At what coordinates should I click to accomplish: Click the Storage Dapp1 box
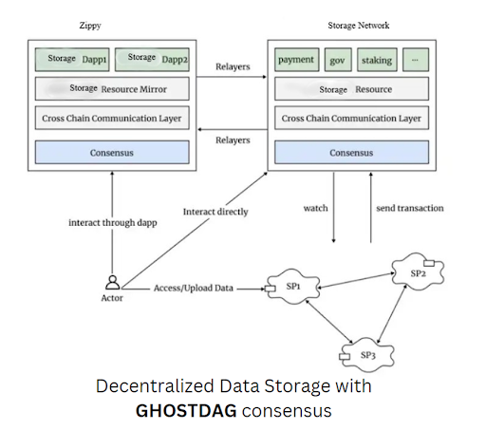(x=72, y=60)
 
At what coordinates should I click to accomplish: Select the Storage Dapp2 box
(x=152, y=60)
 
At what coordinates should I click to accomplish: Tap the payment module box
(x=297, y=60)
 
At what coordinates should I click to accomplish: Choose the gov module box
(x=338, y=60)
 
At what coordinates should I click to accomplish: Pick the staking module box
(x=377, y=60)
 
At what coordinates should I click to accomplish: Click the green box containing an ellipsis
(x=416, y=60)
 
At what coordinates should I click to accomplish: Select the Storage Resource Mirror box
(x=112, y=89)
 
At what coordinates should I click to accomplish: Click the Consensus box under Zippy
(x=112, y=153)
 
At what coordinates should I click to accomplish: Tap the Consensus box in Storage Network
(x=351, y=153)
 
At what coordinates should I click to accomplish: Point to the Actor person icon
(x=113, y=283)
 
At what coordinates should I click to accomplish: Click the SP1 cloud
(x=293, y=287)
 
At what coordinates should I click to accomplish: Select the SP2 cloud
(x=418, y=272)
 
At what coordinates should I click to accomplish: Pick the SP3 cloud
(x=367, y=355)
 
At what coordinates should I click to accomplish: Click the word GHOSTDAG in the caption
(x=186, y=411)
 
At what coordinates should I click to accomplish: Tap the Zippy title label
(x=90, y=26)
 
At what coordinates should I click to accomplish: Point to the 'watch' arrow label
(x=315, y=208)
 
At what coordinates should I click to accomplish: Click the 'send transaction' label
(x=410, y=208)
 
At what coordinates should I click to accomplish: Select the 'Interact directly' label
(x=215, y=212)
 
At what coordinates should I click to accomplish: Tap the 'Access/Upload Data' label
(x=194, y=289)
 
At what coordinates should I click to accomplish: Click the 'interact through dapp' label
(x=113, y=223)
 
